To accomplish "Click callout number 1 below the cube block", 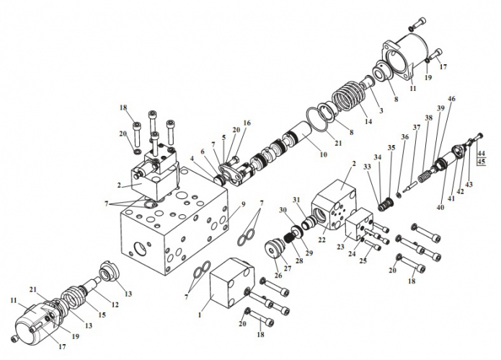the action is [200, 315].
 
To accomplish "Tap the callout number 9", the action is [244, 204].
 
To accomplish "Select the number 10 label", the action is [324, 154].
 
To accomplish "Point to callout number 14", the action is [368, 121].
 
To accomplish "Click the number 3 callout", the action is [381, 110].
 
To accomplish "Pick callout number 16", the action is [247, 123].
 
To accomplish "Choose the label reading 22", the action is [322, 240].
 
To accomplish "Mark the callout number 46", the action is [451, 99].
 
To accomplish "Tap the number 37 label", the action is [417, 127].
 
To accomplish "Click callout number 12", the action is [115, 304].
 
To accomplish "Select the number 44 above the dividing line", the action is [482, 154].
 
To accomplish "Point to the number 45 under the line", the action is [482, 162].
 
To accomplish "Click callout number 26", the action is [278, 275].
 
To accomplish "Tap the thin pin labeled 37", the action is [409, 186].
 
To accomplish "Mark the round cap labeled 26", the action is [275, 250].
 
